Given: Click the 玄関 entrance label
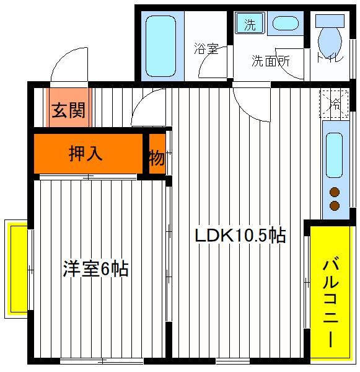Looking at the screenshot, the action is click(68, 110).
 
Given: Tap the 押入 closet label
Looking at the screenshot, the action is click(86, 154).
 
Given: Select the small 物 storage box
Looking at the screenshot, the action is click(157, 154).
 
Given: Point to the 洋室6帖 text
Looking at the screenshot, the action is click(95, 268).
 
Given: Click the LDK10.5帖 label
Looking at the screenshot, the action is click(240, 235).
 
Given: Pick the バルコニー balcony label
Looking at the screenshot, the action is click(331, 303).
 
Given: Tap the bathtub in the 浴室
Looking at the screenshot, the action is click(160, 46).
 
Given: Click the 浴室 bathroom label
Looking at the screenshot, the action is click(206, 48).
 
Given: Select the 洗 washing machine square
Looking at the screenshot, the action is click(250, 23).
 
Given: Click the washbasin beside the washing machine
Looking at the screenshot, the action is click(285, 24).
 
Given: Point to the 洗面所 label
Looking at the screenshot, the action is click(271, 61).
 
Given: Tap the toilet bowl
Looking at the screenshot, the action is click(330, 42).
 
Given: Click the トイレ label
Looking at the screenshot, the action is click(330, 57).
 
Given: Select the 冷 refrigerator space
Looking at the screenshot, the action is click(334, 103).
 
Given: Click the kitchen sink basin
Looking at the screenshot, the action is click(334, 155).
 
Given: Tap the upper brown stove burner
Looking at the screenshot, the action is click(335, 192).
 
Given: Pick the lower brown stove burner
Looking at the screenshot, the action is click(335, 206).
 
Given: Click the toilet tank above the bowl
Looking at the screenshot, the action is click(330, 21).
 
